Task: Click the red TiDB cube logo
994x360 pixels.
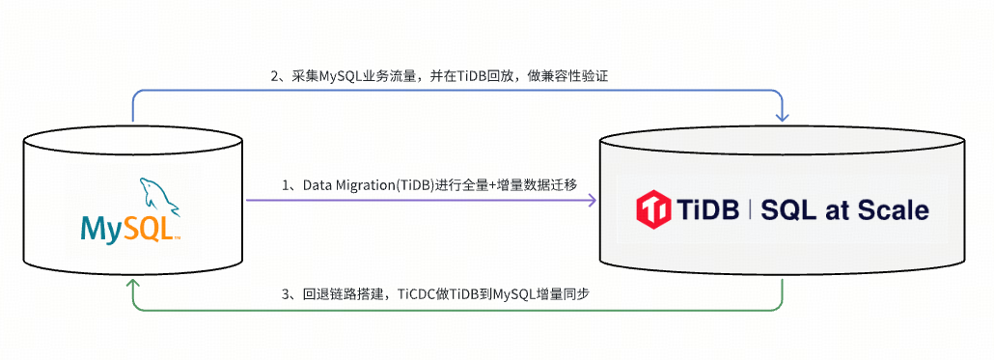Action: pyautogui.click(x=653, y=209)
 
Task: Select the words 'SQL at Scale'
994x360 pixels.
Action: pyautogui.click(x=844, y=209)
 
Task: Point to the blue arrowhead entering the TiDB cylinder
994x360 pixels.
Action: pyautogui.click(x=782, y=117)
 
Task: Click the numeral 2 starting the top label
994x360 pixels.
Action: pyautogui.click(x=274, y=75)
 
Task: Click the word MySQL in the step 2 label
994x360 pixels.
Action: pyautogui.click(x=341, y=75)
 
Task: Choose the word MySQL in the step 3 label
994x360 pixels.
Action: pyautogui.click(x=515, y=294)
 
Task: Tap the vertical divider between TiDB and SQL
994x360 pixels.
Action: pyautogui.click(x=751, y=209)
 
